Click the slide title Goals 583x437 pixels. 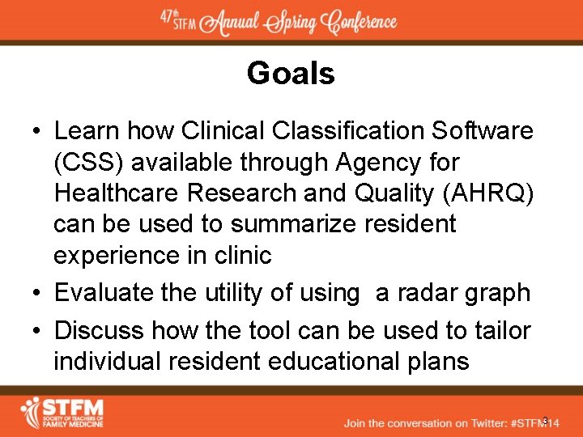pos(291,74)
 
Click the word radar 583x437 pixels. pos(411,292)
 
